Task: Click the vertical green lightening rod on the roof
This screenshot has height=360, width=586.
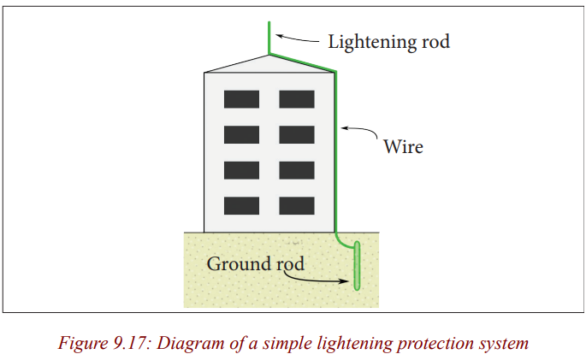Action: point(269,38)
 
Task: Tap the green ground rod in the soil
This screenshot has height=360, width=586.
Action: point(357,266)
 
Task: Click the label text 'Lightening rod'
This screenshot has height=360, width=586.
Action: point(388,42)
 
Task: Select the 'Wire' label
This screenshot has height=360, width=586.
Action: point(403,146)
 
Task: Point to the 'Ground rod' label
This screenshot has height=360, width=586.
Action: point(256,264)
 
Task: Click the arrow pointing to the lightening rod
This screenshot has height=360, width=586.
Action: point(297,38)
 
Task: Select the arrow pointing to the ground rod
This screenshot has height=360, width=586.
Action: point(316,280)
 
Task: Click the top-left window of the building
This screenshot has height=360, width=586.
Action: point(241,99)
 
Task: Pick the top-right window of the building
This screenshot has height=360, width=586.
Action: point(297,99)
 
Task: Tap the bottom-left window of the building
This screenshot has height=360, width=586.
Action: point(241,206)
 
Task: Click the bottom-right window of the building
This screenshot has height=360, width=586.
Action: point(297,206)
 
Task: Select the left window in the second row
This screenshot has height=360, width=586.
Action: point(241,135)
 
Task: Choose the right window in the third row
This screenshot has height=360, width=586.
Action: point(297,170)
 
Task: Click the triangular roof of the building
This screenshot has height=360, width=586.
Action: point(269,65)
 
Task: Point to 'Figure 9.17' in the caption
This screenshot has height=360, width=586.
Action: point(102,343)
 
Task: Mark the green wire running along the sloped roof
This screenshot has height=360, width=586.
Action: point(302,62)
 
